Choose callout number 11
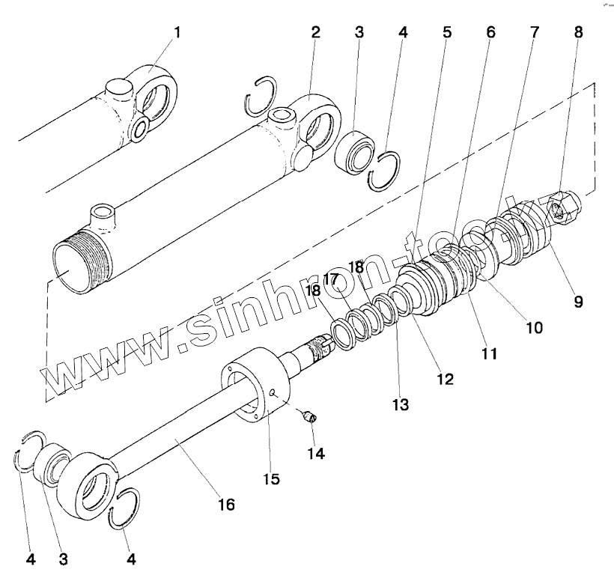coord(488,353)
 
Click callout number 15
coord(270,478)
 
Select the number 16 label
coord(225,505)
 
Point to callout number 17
coord(332,279)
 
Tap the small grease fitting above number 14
coord(309,416)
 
